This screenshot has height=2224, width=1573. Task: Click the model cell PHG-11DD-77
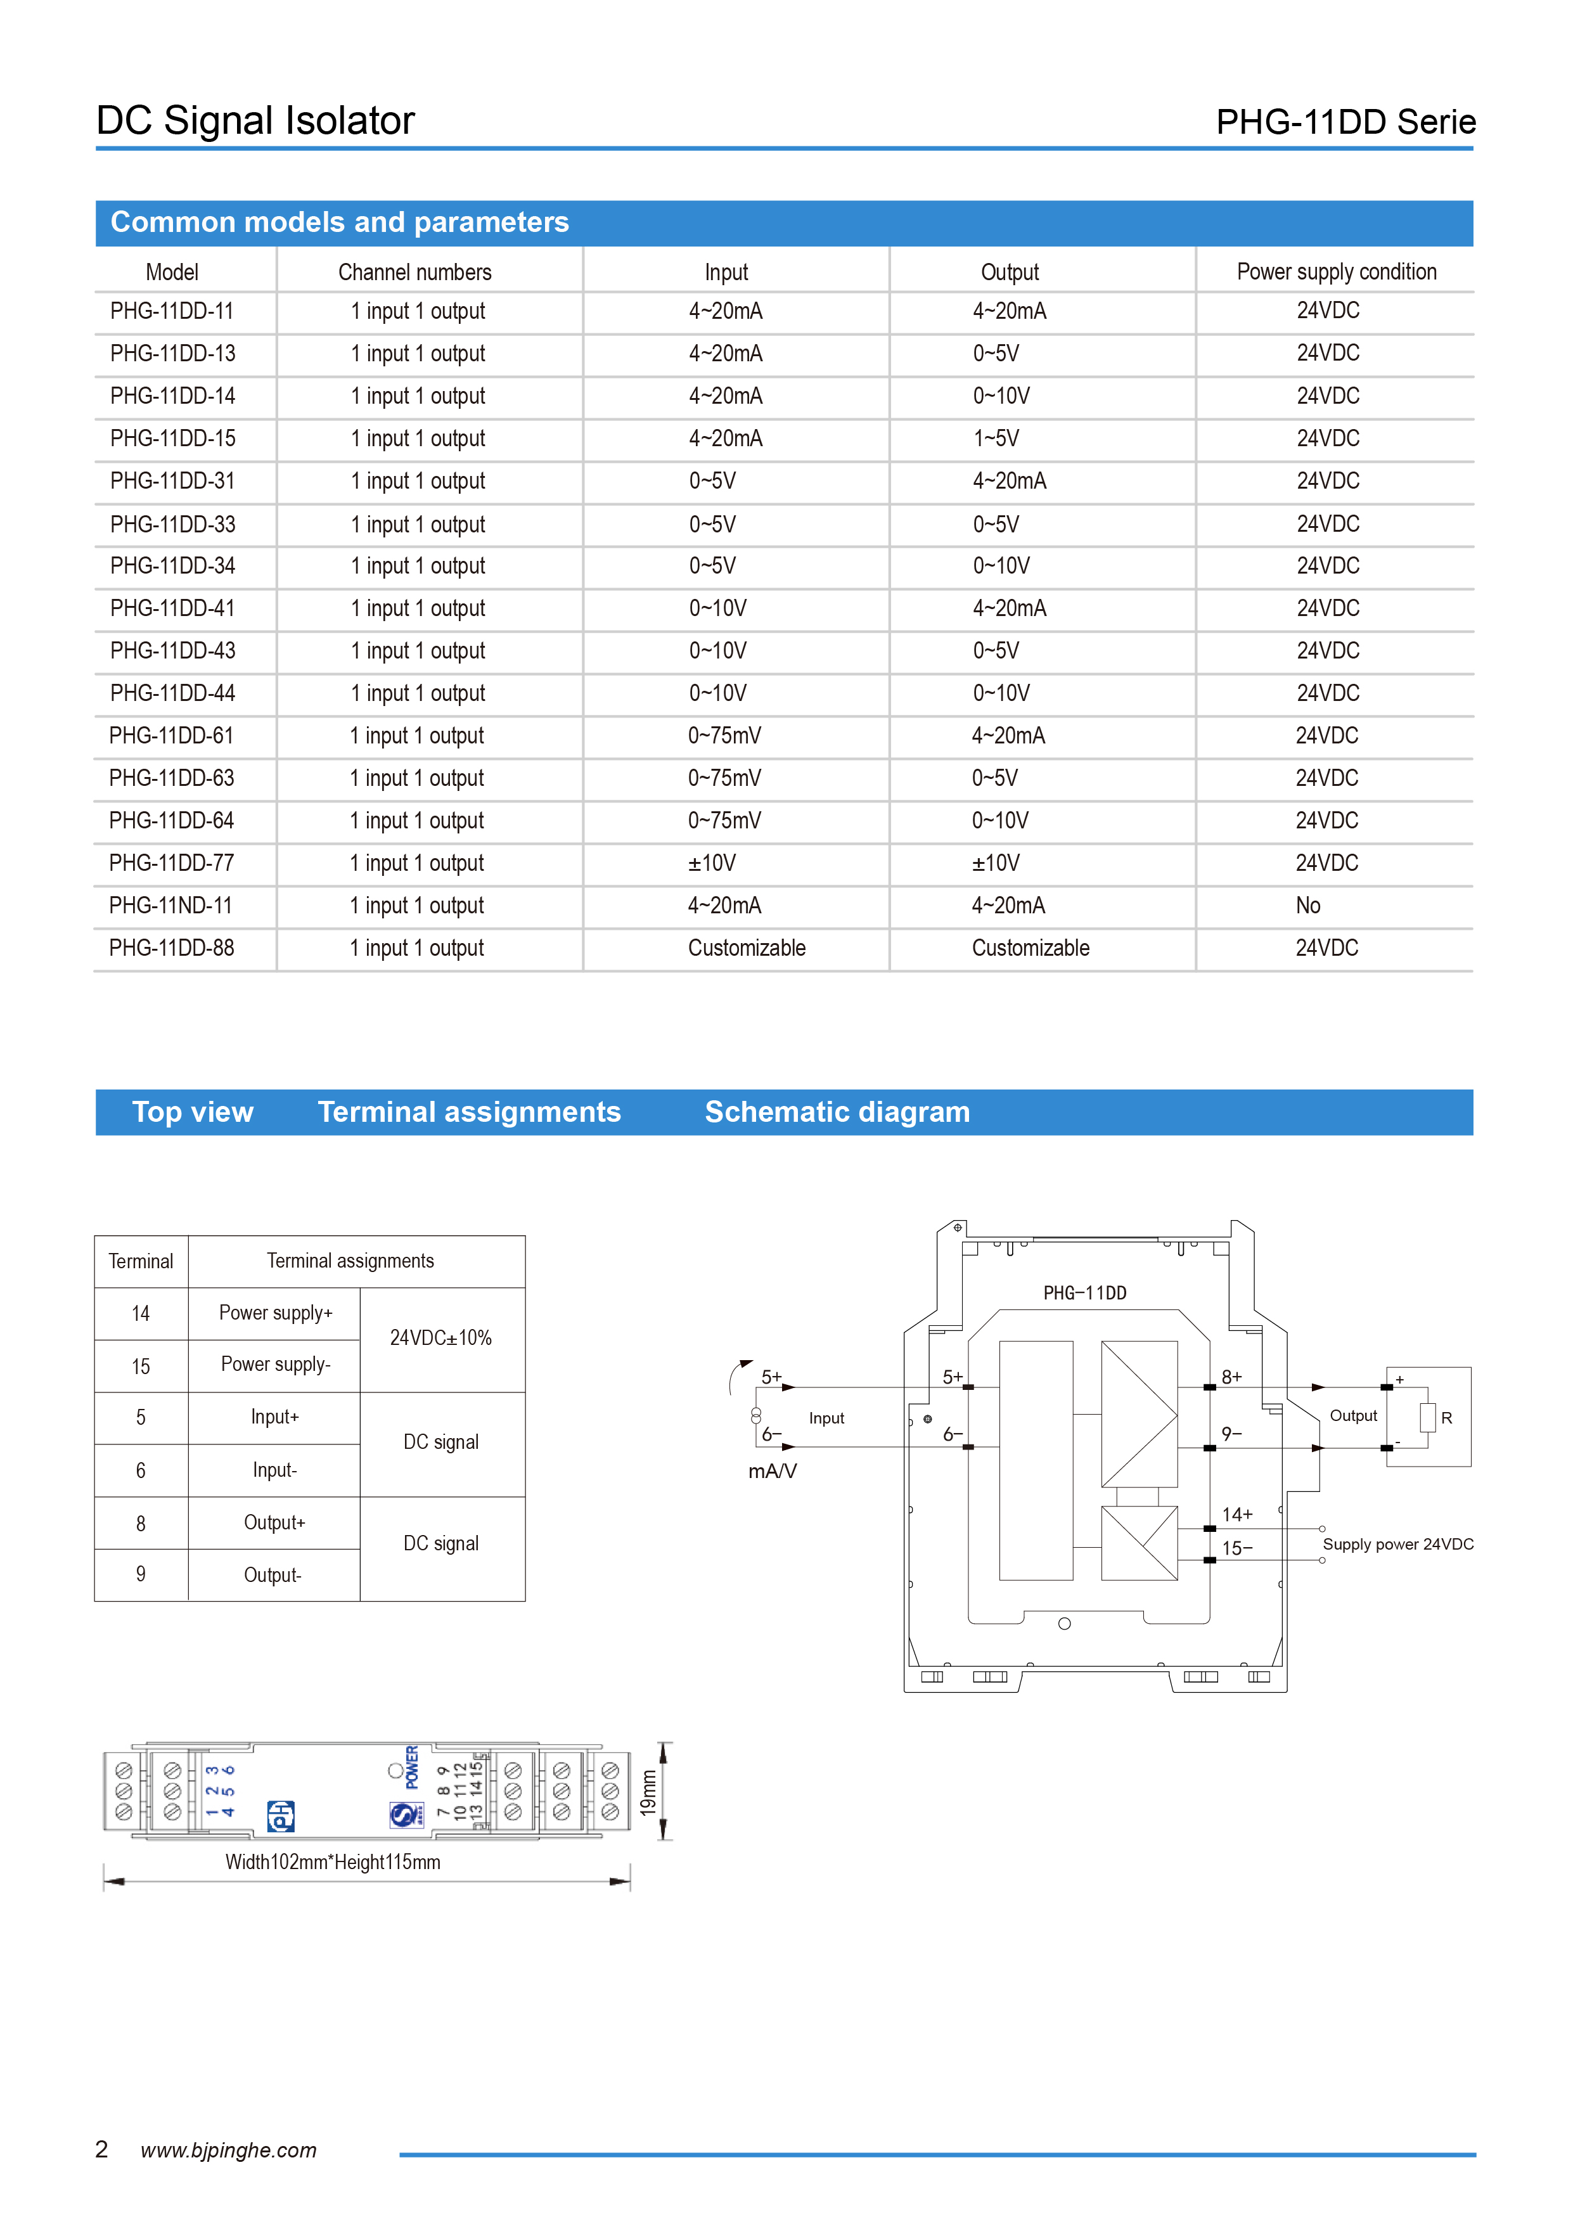[x=172, y=863]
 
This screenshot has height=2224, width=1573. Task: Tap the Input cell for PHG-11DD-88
[x=746, y=948]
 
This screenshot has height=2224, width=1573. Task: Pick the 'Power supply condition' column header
[x=1336, y=272]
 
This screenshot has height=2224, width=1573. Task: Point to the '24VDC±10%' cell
[x=440, y=1338]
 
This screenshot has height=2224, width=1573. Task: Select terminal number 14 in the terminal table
[x=141, y=1313]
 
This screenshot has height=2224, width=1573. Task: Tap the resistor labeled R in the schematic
[x=1428, y=1417]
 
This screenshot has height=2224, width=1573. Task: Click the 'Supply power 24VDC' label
[x=1397, y=1544]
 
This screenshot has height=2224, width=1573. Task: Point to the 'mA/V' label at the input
[x=772, y=1472]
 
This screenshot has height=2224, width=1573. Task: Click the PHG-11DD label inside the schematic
[x=1085, y=1293]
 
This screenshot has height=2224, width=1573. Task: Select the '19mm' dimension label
[x=648, y=1792]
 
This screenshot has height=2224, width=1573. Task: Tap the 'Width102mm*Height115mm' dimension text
[x=332, y=1861]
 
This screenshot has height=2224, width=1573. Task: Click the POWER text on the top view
[x=413, y=1767]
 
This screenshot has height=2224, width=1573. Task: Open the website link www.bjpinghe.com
[x=229, y=2150]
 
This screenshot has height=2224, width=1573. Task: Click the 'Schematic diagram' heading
[x=837, y=1112]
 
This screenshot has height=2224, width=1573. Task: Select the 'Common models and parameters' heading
[x=339, y=223]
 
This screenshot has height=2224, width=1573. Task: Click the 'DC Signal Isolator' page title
[x=255, y=121]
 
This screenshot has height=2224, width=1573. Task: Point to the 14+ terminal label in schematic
[x=1237, y=1514]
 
